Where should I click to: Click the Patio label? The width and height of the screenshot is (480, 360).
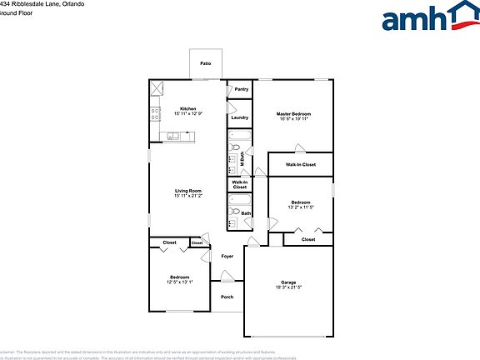pos(205,63)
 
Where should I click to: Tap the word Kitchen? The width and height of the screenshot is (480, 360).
pos(187,108)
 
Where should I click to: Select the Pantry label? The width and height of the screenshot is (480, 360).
pos(241,89)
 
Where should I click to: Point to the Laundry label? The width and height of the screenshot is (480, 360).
pos(240,117)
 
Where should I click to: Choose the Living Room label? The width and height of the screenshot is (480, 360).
pos(188,191)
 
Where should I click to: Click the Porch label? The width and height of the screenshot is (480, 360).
pos(227,297)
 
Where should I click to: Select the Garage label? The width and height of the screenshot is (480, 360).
pos(288,282)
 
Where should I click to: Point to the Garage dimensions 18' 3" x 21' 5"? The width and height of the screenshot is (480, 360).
pos(288,287)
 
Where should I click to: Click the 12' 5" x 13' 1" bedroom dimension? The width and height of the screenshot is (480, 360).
pos(179,282)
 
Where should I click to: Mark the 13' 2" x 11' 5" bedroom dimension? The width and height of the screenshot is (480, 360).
pos(301,207)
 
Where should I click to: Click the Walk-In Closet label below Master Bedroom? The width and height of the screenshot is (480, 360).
pos(301,165)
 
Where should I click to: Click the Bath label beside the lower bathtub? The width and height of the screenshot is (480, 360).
pos(246,213)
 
